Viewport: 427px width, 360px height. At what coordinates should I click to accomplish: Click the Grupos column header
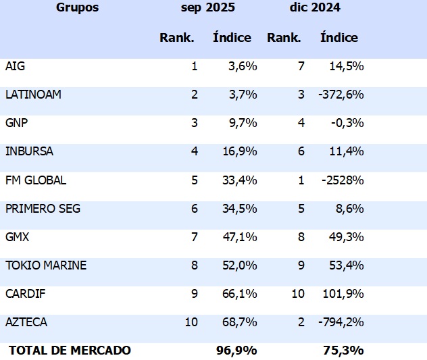(x=77, y=8)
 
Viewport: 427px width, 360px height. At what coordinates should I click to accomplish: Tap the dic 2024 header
(x=315, y=8)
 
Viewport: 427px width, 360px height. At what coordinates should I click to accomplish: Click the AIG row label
(x=15, y=66)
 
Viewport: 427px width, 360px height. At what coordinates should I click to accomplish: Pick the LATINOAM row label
(x=33, y=95)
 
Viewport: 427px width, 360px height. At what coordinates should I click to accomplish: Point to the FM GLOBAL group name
(x=36, y=180)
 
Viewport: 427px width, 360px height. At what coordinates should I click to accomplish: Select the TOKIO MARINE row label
(x=46, y=265)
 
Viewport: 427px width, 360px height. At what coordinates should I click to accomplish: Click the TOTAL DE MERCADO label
(x=70, y=350)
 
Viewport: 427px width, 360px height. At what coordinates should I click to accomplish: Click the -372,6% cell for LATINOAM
(x=341, y=95)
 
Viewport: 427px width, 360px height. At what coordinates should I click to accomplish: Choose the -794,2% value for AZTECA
(x=341, y=322)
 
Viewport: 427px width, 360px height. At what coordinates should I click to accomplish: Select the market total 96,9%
(x=236, y=350)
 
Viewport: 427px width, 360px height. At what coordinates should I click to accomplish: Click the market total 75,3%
(x=343, y=350)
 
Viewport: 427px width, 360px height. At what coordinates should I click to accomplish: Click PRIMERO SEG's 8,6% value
(x=349, y=209)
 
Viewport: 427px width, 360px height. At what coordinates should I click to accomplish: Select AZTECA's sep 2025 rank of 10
(x=191, y=322)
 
